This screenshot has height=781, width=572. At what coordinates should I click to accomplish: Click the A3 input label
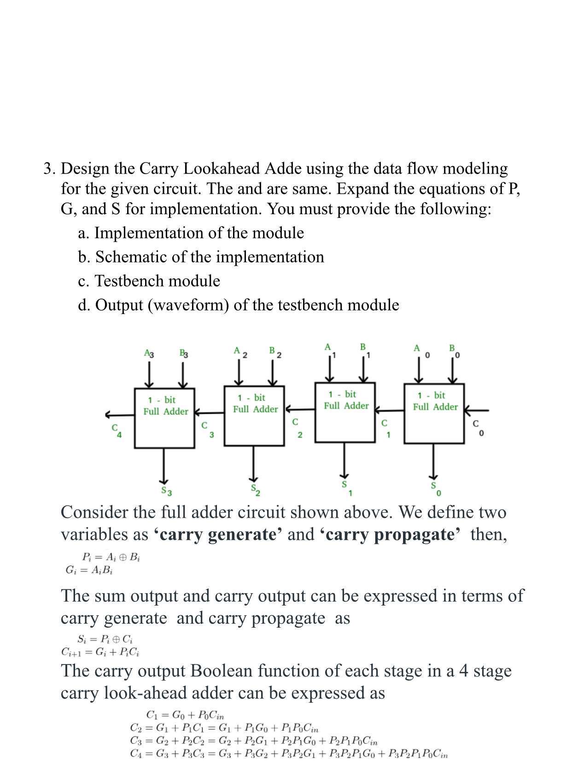click(149, 354)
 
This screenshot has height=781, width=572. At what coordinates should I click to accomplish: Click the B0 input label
click(454, 351)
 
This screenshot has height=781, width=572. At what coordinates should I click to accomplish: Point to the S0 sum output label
click(435, 489)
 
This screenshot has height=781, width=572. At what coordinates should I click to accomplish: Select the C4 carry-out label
click(116, 431)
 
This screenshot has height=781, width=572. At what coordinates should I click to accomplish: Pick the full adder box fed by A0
click(434, 413)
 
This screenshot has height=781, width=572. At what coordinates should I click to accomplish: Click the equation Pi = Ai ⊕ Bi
click(111, 557)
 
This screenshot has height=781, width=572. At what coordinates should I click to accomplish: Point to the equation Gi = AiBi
click(89, 570)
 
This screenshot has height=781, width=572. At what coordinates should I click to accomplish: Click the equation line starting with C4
click(289, 754)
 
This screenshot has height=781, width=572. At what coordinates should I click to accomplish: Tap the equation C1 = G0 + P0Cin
click(185, 715)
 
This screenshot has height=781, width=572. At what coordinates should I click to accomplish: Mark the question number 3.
click(49, 169)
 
